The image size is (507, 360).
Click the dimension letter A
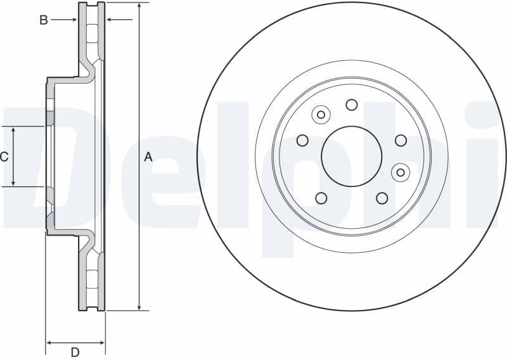click(x=148, y=157)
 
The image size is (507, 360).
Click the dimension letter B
click(x=44, y=20)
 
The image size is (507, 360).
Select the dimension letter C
click(x=4, y=157)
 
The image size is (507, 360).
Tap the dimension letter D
click(x=75, y=352)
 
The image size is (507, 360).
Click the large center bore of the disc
click(x=352, y=156)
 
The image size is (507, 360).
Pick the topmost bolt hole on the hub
click(x=352, y=105)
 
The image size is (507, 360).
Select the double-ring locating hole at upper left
click(x=321, y=115)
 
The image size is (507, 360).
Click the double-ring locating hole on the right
click(x=400, y=171)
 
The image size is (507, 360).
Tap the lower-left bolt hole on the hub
click(x=321, y=198)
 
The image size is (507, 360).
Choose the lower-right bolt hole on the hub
click(x=382, y=198)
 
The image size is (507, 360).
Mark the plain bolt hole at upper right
click(x=401, y=140)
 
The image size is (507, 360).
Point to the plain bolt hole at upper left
click(x=303, y=140)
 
